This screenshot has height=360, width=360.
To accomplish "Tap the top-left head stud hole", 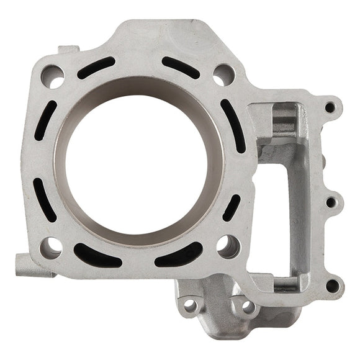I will tap(53, 75).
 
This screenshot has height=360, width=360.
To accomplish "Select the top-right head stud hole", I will tap(223, 75).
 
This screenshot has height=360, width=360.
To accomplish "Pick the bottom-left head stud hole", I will tap(52, 246).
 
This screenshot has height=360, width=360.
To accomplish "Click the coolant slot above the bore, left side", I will tap(96, 67).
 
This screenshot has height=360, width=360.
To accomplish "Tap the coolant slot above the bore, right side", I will tap(181, 67).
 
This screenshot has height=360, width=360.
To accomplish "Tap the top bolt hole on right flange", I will tap(330, 107).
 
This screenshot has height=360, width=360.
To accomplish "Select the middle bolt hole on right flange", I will tap(330, 202).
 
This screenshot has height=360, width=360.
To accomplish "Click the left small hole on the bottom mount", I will tap(191, 305).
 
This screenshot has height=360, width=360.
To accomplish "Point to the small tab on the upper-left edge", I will tap(66, 49).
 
